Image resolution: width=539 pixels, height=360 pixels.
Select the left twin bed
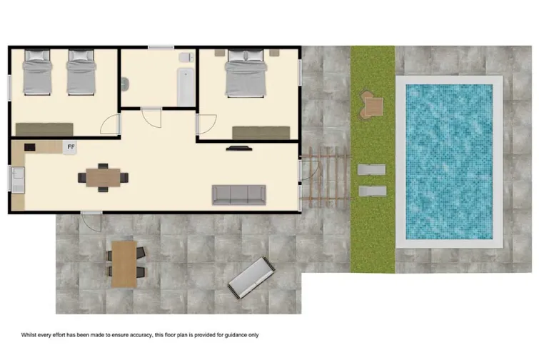[x=35, y=74]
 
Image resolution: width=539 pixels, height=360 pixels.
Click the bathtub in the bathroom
[x=185, y=87]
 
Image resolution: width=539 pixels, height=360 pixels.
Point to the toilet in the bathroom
[x=185, y=56]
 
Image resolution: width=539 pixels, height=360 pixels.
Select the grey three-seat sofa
[x=238, y=194]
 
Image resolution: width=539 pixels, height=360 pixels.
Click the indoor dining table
[x=104, y=176]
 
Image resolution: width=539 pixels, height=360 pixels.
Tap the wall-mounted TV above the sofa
[x=238, y=149]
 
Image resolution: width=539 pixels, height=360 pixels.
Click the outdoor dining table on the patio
[x=124, y=263]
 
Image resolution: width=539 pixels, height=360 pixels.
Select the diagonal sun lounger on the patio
[x=251, y=278]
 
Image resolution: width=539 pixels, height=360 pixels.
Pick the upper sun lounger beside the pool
[x=371, y=169]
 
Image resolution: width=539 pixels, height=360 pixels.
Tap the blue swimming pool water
[x=449, y=161]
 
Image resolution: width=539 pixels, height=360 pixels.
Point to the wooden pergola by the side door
[x=326, y=176]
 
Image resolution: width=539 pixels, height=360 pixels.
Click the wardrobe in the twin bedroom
[x=44, y=129]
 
